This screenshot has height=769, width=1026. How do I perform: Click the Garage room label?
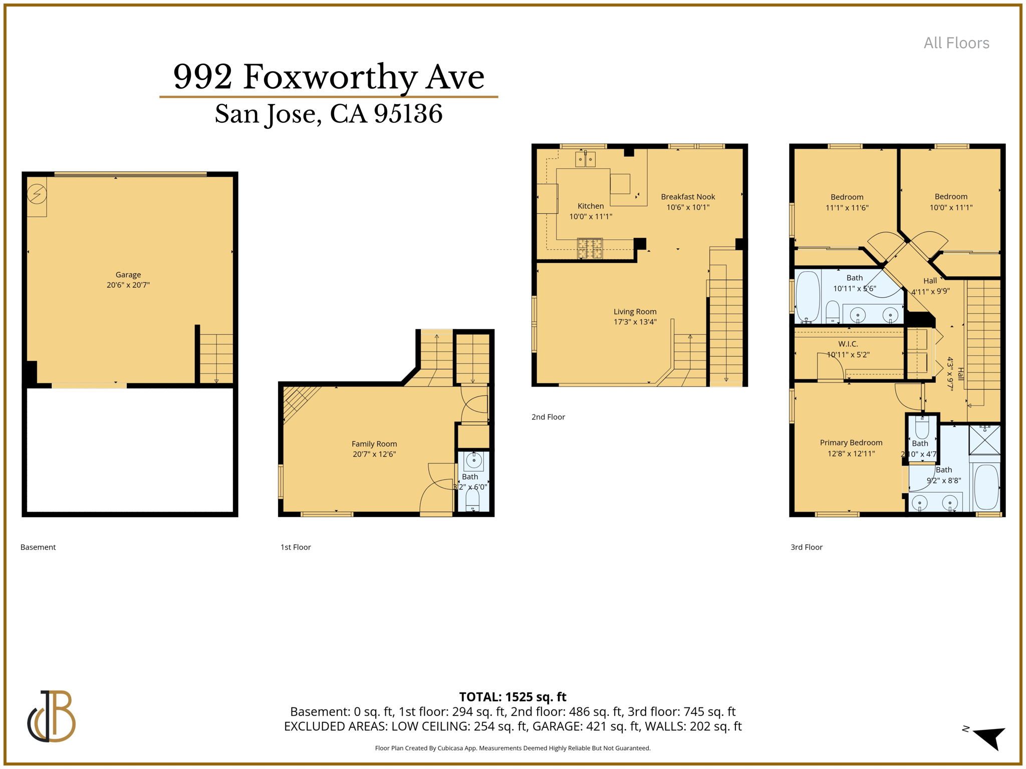[x=128, y=274]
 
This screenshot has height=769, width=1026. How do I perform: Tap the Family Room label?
[x=374, y=444]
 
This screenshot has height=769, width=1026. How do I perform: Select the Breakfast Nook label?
[x=688, y=197]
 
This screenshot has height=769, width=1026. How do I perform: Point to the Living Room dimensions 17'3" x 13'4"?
[x=635, y=322]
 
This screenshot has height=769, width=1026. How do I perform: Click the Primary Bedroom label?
[x=851, y=443]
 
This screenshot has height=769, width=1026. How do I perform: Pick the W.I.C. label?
[x=848, y=344]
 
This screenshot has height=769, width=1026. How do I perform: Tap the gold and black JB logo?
[x=51, y=716]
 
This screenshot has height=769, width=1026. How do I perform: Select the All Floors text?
[x=956, y=43]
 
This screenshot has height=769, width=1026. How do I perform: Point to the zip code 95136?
[x=408, y=114]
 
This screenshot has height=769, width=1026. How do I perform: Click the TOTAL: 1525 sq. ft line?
[x=512, y=697]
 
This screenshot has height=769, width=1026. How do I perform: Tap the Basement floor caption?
[x=38, y=547]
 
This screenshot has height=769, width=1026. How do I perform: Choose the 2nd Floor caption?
[x=548, y=417]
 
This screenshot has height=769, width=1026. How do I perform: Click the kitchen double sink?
[x=585, y=159]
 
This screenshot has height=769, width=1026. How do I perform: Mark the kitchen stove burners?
[x=590, y=248]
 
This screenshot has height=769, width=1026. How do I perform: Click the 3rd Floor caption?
[x=807, y=547]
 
